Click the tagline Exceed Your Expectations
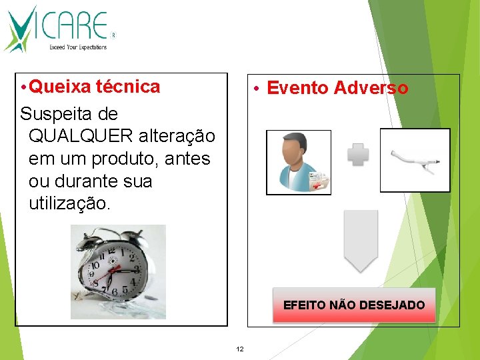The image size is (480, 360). (x=78, y=47)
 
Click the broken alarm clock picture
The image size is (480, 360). (x=118, y=272)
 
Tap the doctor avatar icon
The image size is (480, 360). (x=298, y=162)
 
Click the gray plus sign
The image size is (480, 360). (x=358, y=155)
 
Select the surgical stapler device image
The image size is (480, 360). (x=414, y=160)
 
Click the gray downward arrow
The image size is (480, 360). (x=361, y=241)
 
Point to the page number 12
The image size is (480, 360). (x=240, y=349)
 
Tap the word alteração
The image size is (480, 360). (x=177, y=136)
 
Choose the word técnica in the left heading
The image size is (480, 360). (x=128, y=87)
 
